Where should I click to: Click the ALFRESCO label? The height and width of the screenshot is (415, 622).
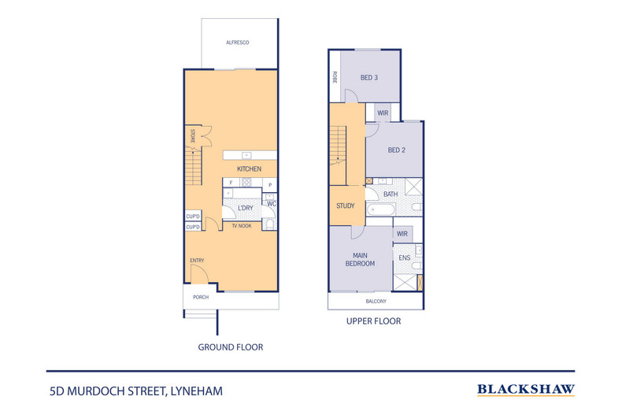238,42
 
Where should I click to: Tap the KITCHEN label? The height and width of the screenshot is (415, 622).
249,169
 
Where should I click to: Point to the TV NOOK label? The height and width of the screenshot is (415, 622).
241,226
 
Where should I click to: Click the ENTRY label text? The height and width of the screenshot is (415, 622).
197,260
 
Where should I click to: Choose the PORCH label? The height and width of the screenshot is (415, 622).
202,298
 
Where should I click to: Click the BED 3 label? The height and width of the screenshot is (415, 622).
369,77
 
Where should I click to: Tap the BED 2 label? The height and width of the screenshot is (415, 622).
396,150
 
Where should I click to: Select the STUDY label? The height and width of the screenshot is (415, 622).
345,206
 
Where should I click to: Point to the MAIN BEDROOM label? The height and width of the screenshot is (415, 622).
361,259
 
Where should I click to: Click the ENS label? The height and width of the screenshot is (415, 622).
405,258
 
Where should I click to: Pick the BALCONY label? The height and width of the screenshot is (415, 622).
376,302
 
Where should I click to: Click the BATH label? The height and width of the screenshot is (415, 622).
391,194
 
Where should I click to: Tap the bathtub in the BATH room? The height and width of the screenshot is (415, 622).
386,210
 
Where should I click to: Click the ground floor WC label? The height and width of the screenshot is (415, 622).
271,204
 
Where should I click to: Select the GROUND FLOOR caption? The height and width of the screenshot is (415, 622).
231,346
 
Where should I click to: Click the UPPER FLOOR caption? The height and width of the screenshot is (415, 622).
374,321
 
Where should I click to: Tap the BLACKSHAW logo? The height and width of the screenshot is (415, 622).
526,389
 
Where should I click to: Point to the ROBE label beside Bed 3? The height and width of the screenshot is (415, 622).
335,77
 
